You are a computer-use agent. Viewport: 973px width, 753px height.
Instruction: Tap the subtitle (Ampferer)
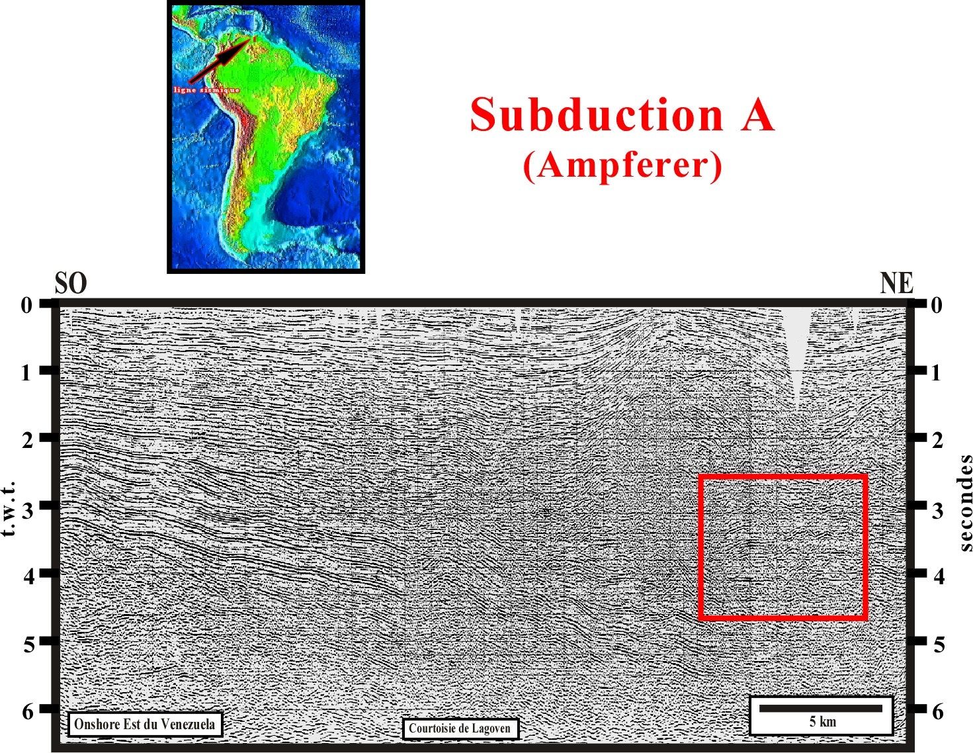point(623,165)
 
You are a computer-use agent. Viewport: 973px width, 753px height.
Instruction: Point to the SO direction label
point(71,283)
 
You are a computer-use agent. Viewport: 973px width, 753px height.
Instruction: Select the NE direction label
point(896,283)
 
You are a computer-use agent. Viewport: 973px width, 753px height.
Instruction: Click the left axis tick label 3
point(28,509)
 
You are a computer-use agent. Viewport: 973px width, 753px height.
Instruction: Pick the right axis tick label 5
point(939,644)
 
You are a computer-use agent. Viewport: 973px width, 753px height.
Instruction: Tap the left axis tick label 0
point(27,305)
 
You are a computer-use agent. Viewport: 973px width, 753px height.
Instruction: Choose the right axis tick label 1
point(936,373)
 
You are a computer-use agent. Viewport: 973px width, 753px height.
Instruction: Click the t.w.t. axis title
point(9,508)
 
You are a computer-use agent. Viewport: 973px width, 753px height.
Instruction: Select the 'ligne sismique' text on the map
point(206,90)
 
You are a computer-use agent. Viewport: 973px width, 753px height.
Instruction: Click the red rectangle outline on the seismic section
point(700,547)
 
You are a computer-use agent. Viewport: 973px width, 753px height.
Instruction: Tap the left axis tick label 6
point(28,712)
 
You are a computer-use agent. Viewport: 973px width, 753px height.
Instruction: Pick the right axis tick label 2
point(938,441)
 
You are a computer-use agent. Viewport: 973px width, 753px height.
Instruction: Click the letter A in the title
point(757,114)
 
